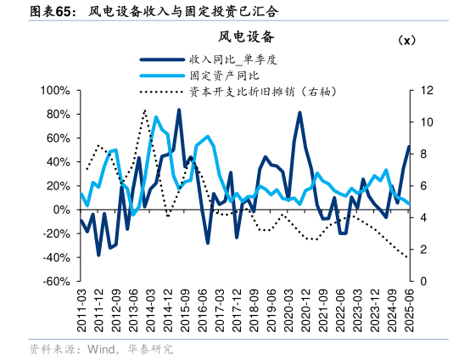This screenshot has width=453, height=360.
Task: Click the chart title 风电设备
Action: pos(247,36)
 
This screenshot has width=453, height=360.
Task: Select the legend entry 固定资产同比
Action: pos(223,76)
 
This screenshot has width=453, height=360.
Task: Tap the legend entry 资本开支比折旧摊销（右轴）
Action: pos(260,91)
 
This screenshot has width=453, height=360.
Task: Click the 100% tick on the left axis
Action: pos(55,90)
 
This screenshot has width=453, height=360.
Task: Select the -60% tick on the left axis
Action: pos(57,281)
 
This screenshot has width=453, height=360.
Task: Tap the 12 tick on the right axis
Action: pos(427,90)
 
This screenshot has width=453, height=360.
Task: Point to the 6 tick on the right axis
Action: pos(424,186)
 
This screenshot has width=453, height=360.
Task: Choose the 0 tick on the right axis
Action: pos(424,281)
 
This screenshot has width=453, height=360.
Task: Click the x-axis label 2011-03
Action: pos(82,310)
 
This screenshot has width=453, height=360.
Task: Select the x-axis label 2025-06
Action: pos(410,310)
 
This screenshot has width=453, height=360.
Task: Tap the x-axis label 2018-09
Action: pos(254,310)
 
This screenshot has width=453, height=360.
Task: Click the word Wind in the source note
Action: pos(99,349)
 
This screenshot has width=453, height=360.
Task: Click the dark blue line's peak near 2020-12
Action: pos(299,113)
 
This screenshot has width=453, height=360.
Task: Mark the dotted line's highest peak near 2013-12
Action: pos(145,110)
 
